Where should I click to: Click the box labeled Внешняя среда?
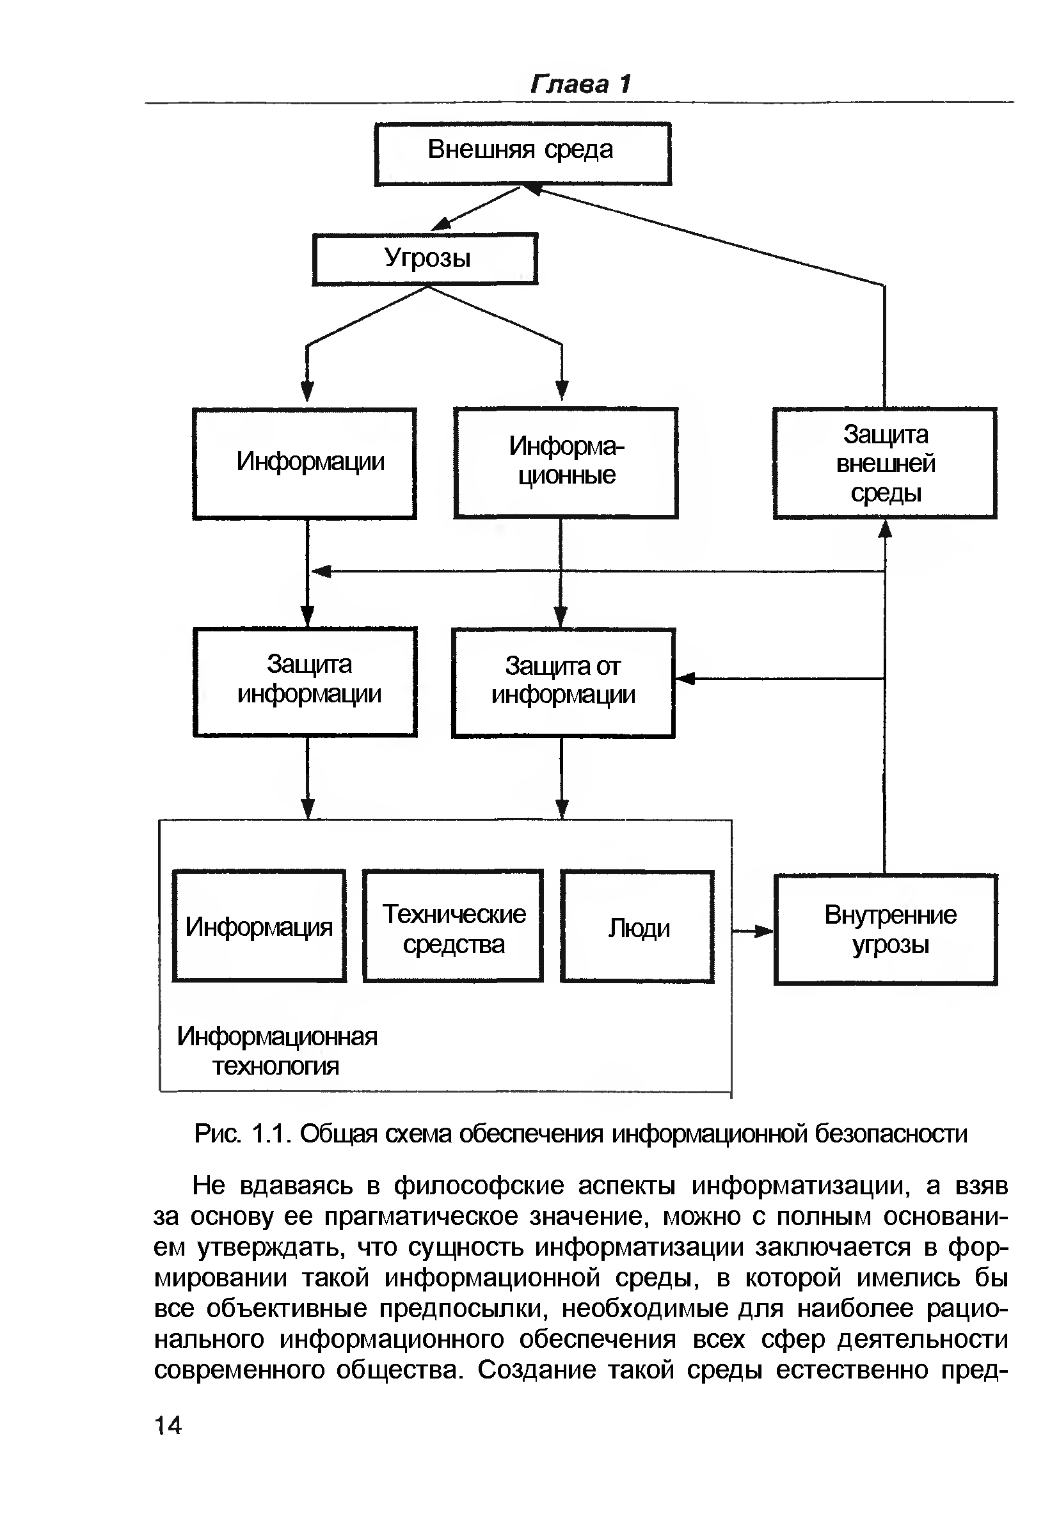tap(522, 154)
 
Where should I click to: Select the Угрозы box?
tap(425, 258)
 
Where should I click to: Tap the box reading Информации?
tap(305, 462)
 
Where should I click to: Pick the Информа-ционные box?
tap(565, 462)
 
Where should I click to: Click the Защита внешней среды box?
tap(884, 462)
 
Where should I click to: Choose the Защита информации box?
tap(305, 681)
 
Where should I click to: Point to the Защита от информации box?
tap(562, 683)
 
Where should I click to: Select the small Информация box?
tap(259, 926)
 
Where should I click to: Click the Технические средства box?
tap(453, 926)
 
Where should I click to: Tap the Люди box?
tap(637, 927)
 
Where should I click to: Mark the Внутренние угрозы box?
tap(885, 929)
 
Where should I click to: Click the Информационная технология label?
tap(276, 1050)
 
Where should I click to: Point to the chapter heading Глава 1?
tap(580, 84)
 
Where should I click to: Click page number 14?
tap(168, 1425)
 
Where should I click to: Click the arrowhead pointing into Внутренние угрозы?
tap(765, 931)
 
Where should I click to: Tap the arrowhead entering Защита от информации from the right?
tap(685, 679)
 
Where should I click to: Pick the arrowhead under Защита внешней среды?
tap(884, 528)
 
